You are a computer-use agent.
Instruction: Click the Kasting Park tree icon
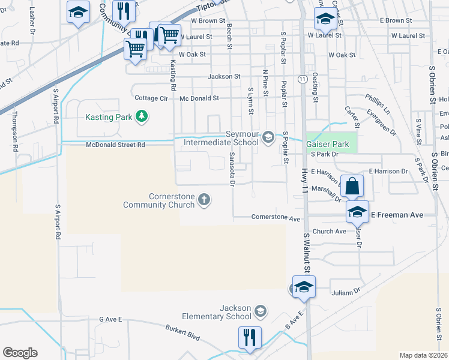click(x=141, y=116)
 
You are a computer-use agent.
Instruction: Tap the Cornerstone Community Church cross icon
click(x=204, y=199)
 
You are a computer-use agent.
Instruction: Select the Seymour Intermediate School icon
click(x=268, y=138)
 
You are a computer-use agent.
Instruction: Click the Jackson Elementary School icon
click(x=260, y=311)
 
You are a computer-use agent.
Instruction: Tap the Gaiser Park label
click(x=327, y=144)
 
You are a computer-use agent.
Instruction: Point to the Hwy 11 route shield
click(x=302, y=79)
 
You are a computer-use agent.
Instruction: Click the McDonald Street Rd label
click(x=116, y=145)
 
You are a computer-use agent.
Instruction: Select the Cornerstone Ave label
click(x=276, y=218)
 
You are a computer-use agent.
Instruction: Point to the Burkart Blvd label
click(x=182, y=332)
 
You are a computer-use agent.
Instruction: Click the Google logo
click(x=20, y=353)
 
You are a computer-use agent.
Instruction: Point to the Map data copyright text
click(x=423, y=355)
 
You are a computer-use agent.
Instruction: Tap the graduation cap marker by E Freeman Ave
click(x=357, y=211)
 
